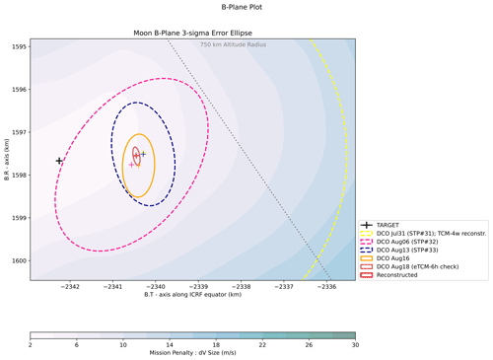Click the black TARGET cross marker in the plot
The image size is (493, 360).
coord(59,161)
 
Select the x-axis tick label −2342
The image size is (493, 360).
coord(70,287)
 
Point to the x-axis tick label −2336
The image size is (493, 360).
coord(326,287)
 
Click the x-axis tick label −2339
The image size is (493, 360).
coord(198,287)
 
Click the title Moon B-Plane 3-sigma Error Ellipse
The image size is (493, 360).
coord(192,34)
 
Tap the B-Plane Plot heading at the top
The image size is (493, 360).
coord(242,7)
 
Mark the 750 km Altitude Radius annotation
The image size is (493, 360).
coord(233,44)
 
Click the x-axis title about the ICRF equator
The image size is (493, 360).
coord(192,295)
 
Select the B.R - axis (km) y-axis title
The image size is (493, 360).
coord(7,160)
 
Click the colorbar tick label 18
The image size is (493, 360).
coord(216,345)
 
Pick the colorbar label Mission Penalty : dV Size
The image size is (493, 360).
coord(192,353)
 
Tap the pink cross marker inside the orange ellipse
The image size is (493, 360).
coord(131,165)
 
